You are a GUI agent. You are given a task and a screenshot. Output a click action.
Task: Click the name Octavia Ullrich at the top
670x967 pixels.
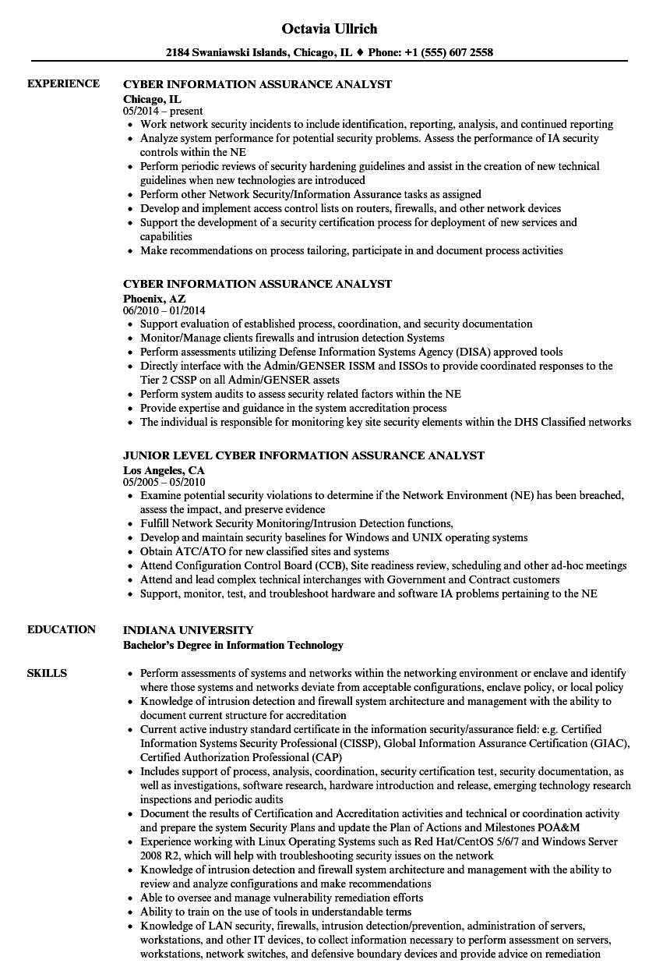[x=330, y=29]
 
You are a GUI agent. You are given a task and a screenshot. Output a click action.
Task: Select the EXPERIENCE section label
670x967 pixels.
[x=63, y=83]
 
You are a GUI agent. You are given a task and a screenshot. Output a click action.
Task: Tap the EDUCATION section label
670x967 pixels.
[x=62, y=629]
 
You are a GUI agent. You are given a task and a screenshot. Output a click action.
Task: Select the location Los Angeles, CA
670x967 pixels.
[x=164, y=469]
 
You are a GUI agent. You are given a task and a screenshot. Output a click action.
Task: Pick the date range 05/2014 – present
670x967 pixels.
[x=163, y=112]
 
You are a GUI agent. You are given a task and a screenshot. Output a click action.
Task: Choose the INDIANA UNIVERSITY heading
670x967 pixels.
[x=189, y=629]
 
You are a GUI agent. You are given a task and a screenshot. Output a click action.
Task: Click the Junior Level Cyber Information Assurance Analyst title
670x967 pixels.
[x=304, y=455]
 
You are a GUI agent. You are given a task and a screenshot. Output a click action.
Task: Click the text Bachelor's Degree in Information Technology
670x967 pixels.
[x=234, y=645]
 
